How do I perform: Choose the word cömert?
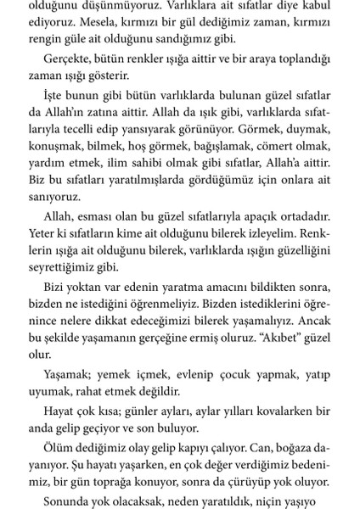click(x=288, y=159)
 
